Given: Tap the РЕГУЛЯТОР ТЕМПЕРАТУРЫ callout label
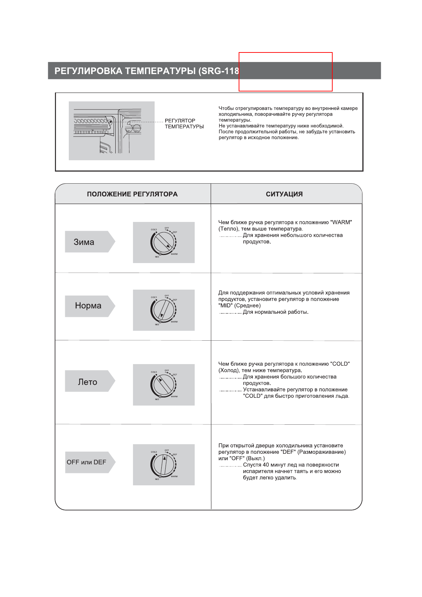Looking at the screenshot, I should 184,123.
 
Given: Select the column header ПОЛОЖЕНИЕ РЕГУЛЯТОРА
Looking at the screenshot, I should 132,194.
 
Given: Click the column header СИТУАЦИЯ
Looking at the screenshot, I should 284,194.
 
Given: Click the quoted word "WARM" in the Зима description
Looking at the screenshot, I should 341,222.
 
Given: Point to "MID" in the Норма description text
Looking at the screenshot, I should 226,306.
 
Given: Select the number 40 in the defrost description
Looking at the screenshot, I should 266,465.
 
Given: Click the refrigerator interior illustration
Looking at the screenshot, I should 111,131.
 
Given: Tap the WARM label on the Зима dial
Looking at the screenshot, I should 174,254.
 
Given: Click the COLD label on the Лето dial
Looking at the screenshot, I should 154,372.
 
